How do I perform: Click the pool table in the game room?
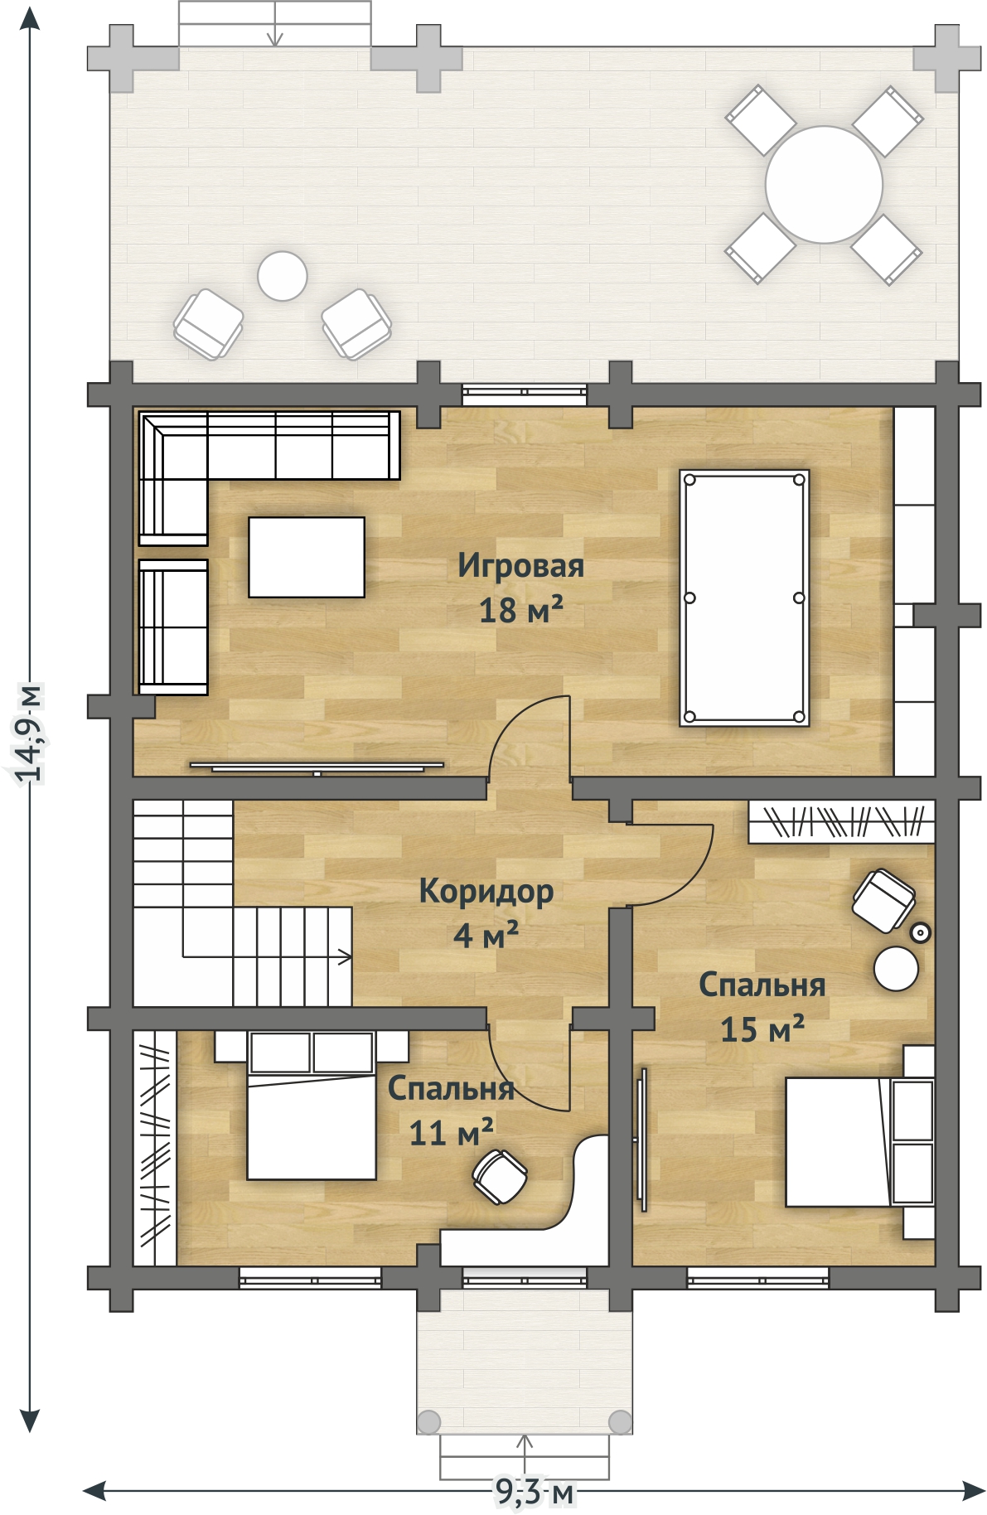pos(744,598)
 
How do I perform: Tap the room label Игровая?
pos(521,566)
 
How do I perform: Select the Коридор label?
pos(486,892)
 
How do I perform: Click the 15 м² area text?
pos(762,1029)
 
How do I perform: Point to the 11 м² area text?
pos(452,1132)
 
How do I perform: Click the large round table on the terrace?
pos(824,185)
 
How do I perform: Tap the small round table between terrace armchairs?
pos(283,276)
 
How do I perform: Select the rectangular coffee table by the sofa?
pos(307,557)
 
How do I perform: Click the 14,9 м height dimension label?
pos(30,733)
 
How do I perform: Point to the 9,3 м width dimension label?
pos(535,1492)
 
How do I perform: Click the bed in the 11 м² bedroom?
pos(312,1106)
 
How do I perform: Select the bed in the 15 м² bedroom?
pos(860,1142)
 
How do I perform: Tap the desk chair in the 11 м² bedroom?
pos(501,1176)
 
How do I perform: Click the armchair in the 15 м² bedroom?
pos(884,900)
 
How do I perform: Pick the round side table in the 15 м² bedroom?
pos(896,969)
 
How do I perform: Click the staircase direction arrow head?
pos(346,956)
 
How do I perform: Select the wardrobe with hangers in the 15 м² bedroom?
pos(841,821)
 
